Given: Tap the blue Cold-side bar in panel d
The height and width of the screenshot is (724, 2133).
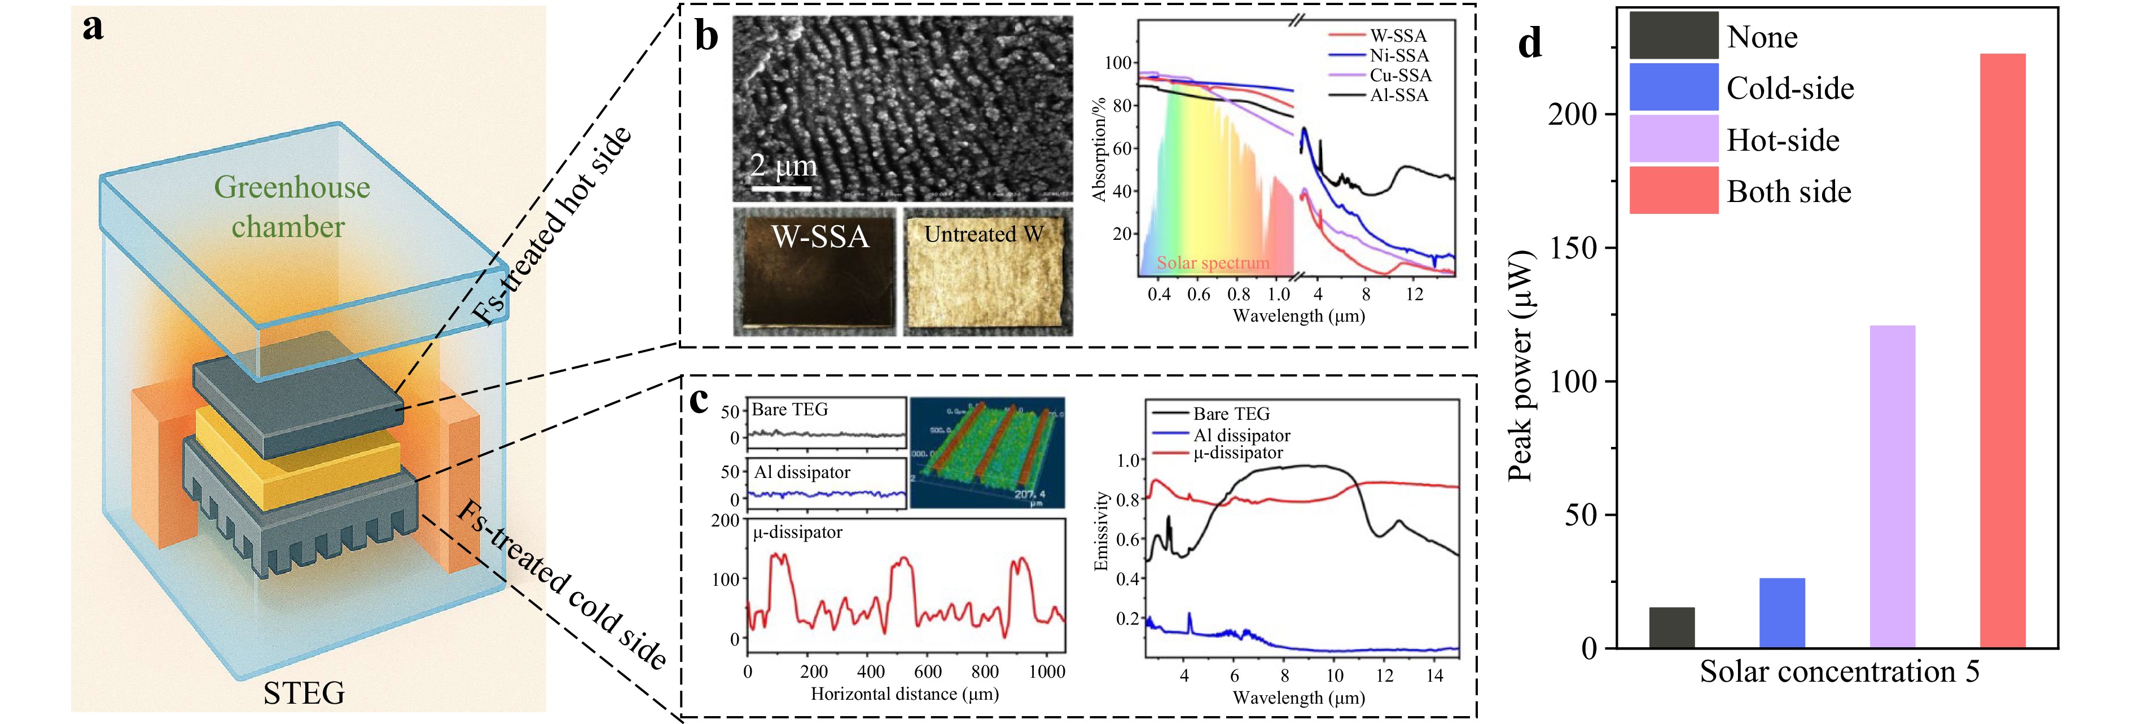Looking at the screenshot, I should (1782, 613).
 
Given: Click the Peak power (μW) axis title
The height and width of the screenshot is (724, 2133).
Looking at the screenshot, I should (1520, 365).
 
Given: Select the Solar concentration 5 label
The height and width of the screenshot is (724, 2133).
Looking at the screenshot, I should (1839, 671).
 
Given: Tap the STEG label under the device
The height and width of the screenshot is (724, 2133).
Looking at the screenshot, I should (304, 692).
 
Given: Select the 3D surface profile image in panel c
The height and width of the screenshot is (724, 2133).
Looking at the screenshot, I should (987, 453).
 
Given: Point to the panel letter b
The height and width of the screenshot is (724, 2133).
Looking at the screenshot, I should (706, 37).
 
